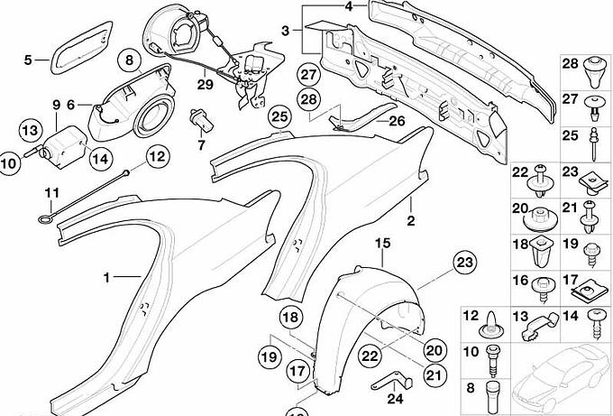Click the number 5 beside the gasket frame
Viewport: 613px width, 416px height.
point(28,60)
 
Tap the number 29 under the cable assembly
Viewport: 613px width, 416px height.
point(206,84)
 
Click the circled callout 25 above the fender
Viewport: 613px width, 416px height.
point(279,117)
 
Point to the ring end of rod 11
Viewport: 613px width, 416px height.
point(44,219)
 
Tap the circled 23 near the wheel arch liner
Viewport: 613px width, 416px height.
point(465,263)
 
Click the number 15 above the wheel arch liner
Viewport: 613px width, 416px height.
point(383,243)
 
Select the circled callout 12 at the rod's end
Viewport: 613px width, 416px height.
point(158,156)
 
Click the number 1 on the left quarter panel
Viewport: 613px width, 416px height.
point(106,278)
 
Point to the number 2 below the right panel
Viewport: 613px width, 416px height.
point(411,221)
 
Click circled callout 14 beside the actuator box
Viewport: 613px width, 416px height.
point(101,159)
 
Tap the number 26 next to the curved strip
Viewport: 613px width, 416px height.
point(398,121)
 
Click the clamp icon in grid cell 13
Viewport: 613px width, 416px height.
point(541,325)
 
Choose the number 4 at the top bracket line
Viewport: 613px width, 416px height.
point(349,6)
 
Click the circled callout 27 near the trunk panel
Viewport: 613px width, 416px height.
point(308,74)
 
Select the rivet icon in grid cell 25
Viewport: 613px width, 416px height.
point(593,144)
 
